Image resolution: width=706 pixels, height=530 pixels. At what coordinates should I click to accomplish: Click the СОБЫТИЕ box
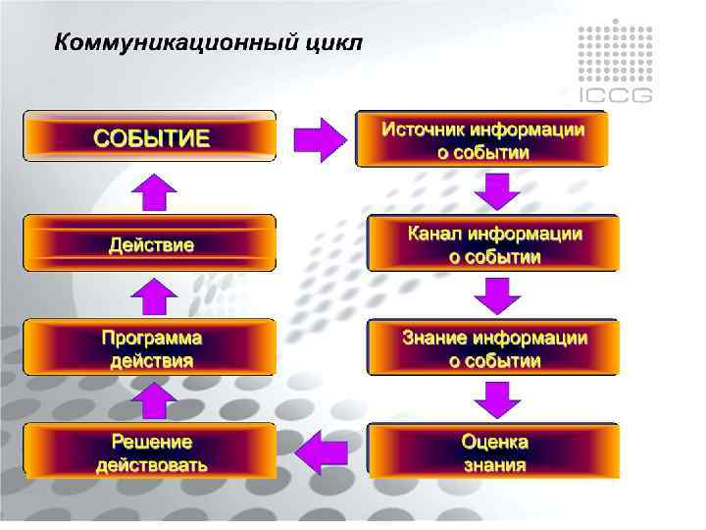[150, 136]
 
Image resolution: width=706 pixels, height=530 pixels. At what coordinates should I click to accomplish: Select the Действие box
[150, 243]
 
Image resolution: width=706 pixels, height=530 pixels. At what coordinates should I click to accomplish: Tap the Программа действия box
[150, 347]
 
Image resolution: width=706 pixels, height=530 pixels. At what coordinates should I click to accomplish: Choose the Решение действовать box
[150, 451]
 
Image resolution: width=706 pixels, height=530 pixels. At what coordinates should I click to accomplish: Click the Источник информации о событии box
[482, 139]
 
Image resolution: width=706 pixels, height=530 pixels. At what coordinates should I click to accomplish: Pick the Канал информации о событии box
[494, 244]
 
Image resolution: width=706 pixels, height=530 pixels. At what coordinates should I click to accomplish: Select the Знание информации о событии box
[494, 348]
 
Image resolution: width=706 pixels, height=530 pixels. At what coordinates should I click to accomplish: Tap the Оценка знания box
[494, 451]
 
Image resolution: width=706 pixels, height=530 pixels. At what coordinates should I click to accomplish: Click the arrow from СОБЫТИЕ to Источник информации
[320, 139]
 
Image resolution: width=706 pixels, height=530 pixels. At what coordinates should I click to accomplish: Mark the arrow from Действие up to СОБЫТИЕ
[153, 192]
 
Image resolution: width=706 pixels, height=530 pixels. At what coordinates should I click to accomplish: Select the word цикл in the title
[333, 43]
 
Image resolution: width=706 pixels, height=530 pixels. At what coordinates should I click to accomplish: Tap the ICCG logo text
[615, 95]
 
